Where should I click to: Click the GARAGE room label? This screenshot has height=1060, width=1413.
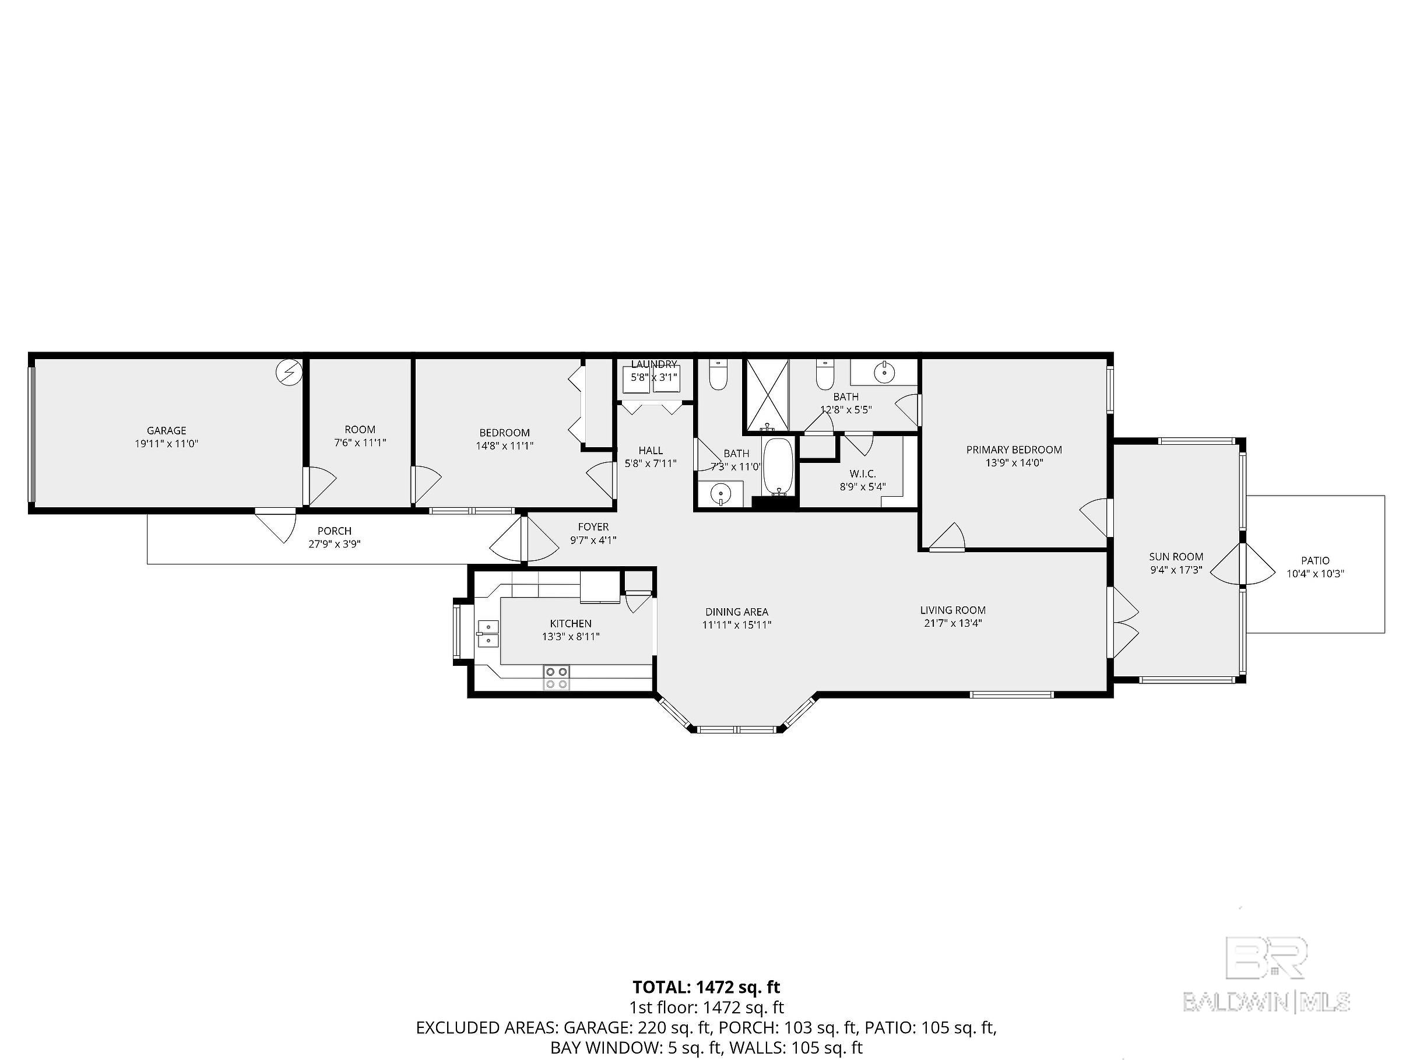[167, 431]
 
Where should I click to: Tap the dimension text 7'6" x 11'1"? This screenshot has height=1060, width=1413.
[360, 442]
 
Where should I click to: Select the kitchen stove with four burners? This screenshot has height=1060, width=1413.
[556, 678]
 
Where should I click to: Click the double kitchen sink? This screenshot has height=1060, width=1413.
[488, 633]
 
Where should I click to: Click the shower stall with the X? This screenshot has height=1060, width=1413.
[767, 395]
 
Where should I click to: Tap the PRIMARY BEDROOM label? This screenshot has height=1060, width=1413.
[1014, 450]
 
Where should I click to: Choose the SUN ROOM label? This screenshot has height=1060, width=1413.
[1176, 556]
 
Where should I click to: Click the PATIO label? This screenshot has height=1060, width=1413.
[1315, 561]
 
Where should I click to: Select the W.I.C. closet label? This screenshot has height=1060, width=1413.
[863, 473]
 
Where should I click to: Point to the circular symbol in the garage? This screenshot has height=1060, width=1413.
[289, 372]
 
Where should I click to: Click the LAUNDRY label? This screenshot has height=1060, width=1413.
[654, 364]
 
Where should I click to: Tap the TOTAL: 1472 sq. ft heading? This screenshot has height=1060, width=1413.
[706, 987]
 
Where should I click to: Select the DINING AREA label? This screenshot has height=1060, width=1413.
[737, 612]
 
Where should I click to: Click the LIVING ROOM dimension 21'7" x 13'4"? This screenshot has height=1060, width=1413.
[953, 623]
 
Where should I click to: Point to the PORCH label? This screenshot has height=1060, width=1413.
[335, 531]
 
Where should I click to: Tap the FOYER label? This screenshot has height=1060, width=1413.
[593, 527]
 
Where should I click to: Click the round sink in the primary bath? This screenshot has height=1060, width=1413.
[885, 371]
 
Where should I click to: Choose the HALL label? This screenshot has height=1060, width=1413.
[651, 451]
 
